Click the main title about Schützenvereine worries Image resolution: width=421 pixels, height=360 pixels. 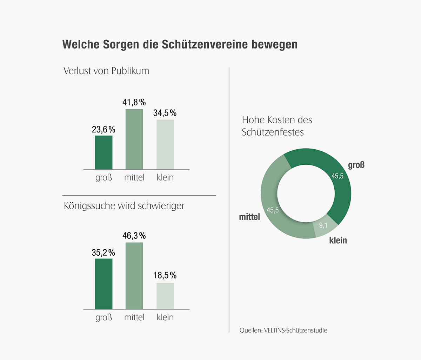coord(180,45)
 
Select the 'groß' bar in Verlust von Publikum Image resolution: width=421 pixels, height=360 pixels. coord(103,152)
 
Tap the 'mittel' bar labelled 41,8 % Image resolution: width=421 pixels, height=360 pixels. coord(134,139)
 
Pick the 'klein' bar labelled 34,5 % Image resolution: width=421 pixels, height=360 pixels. coord(165,145)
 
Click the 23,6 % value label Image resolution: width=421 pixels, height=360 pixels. coord(103,130)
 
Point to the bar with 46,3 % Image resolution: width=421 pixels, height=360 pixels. coord(134,276)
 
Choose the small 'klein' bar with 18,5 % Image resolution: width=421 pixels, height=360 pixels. coord(165,296)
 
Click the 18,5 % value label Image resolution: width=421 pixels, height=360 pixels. coord(165,275)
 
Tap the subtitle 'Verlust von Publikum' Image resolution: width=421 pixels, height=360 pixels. coord(106,71)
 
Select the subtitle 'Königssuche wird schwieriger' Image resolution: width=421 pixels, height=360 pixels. coord(124,205)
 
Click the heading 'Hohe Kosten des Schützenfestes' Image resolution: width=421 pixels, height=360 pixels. coord(277,126)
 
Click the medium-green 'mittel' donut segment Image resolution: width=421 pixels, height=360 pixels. coord(277,214)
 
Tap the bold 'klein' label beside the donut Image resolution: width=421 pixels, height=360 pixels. coord(338,241)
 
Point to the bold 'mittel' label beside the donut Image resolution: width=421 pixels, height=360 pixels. coord(249,217)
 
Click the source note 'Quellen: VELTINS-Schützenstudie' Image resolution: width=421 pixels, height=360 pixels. coord(283,330)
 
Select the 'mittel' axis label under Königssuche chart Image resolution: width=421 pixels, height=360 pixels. coord(134,318)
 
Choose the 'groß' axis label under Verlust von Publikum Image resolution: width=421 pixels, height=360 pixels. coord(103,178)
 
